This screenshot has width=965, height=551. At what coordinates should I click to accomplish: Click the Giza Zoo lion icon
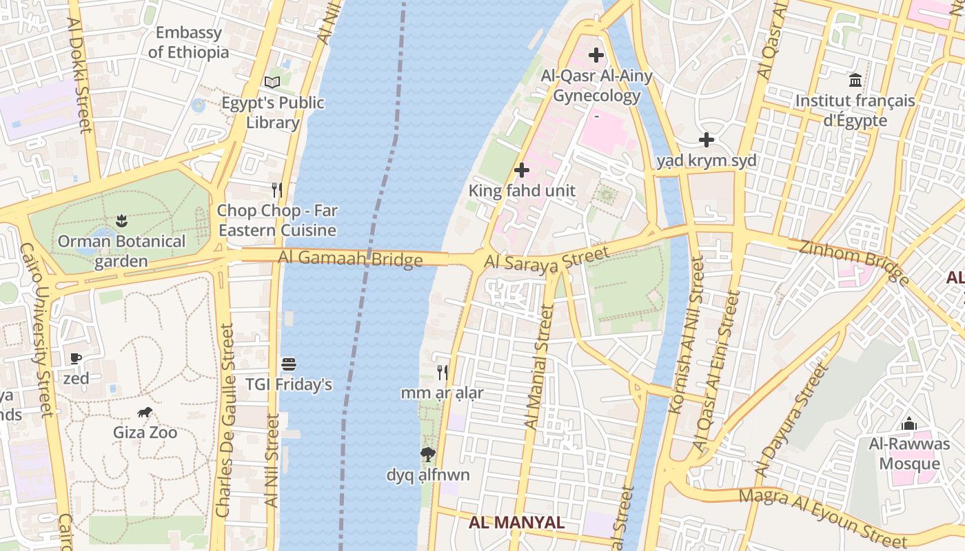pyautogui.click(x=145, y=413)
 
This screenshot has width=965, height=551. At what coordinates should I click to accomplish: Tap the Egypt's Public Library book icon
pyautogui.click(x=272, y=83)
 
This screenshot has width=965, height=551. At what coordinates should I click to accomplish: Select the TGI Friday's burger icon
pyautogui.click(x=289, y=364)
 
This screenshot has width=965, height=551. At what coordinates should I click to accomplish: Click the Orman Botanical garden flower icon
pyautogui.click(x=122, y=221)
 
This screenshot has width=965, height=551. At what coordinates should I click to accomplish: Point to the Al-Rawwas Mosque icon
pyautogui.click(x=909, y=424)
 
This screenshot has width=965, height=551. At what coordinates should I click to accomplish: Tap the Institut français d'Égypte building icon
pyautogui.click(x=855, y=81)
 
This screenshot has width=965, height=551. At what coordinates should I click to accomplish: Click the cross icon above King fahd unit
pyautogui.click(x=522, y=169)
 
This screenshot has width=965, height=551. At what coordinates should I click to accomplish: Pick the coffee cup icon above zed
pyautogui.click(x=76, y=358)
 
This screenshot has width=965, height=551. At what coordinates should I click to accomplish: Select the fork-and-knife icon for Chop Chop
pyautogui.click(x=276, y=189)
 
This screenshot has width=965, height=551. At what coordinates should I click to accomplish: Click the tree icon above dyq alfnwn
pyautogui.click(x=428, y=454)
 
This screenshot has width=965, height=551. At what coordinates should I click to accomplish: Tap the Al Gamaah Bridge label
pyautogui.click(x=350, y=259)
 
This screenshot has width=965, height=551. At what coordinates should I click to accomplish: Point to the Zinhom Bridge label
pyautogui.click(x=854, y=260)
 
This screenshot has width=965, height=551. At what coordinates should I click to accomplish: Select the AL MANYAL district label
pyautogui.click(x=516, y=522)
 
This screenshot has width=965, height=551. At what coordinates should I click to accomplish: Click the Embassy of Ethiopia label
pyautogui.click(x=188, y=42)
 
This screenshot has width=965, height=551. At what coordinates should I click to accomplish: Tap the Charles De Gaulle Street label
pyautogui.click(x=225, y=420)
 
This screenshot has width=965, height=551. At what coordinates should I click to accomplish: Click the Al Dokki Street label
pyautogui.click(x=80, y=74)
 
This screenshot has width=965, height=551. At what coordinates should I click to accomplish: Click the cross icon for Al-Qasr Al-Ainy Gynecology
pyautogui.click(x=596, y=55)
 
